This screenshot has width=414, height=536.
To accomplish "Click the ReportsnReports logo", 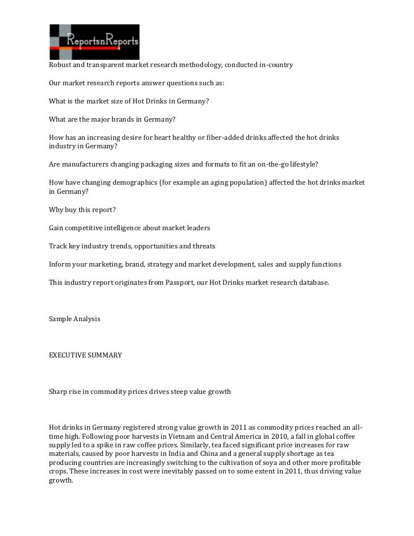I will [x=94, y=42].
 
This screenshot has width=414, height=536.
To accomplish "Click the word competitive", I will [x=88, y=227].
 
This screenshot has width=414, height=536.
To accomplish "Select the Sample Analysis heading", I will [x=75, y=319].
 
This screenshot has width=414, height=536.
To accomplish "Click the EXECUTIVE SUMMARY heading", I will [x=85, y=355].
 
